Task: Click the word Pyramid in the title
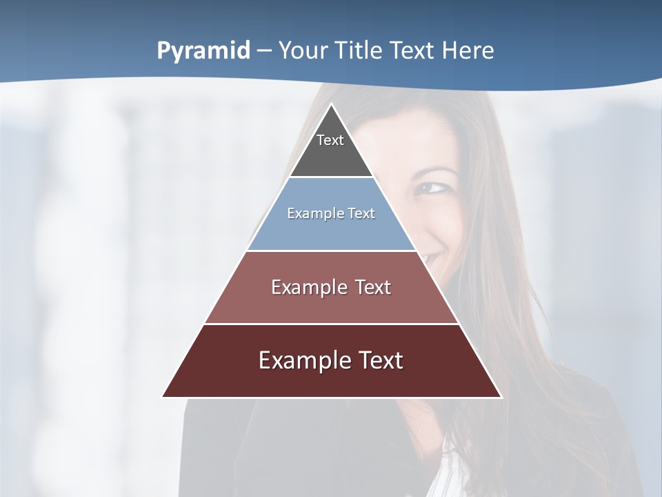pos(203,51)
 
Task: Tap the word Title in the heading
pos(359,50)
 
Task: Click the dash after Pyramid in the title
pos(264,51)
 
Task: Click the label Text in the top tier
pos(330,140)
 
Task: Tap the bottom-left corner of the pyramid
pos(163,396)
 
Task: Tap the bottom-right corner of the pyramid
pos(501,396)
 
